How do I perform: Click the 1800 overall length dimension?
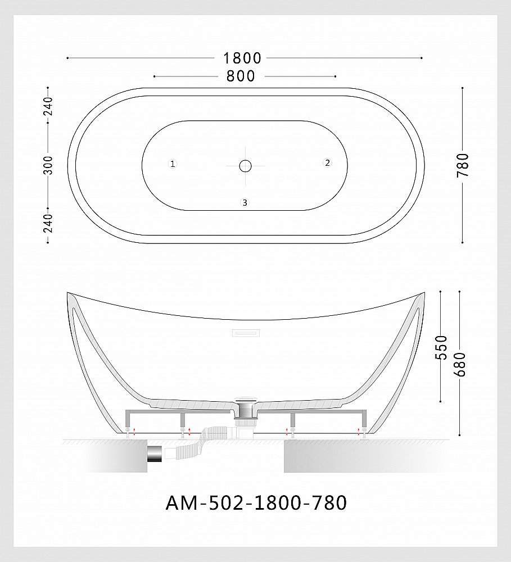242,58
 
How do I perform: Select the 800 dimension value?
241,76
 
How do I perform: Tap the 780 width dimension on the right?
462,165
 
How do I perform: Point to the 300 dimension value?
48,165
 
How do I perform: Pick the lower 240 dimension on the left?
48,223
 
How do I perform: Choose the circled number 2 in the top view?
327,163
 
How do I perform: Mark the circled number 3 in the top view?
245,203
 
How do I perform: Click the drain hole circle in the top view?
245,165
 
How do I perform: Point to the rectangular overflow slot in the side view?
246,333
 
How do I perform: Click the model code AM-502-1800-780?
256,503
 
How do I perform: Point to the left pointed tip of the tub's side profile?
68,293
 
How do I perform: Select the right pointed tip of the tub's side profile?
423,293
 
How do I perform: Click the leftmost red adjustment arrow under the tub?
134,431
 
